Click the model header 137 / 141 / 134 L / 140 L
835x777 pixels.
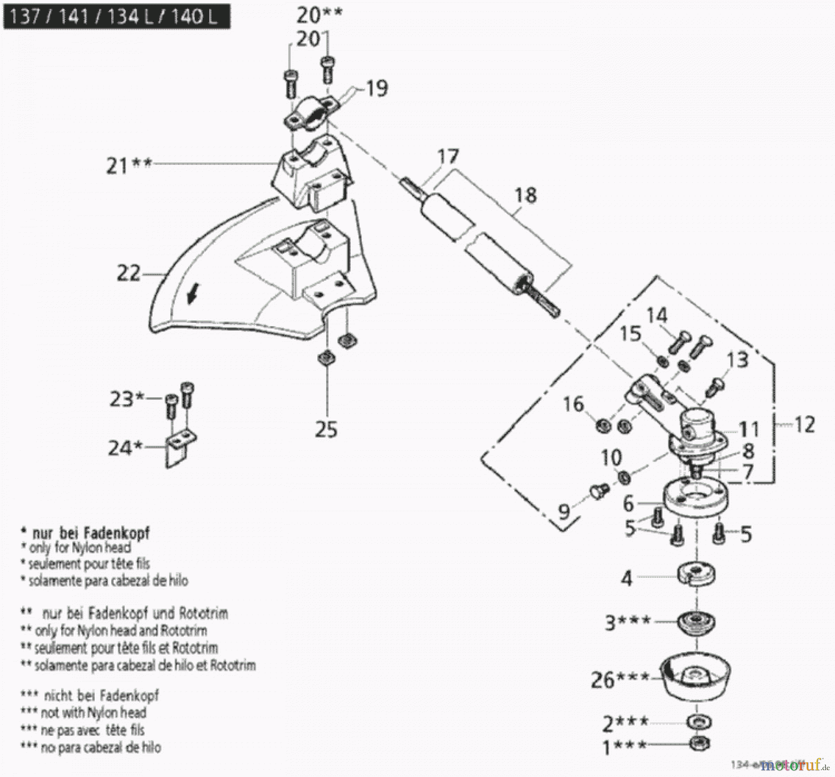[x=116, y=17]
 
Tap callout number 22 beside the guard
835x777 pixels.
[x=128, y=273]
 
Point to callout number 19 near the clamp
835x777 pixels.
[x=376, y=88]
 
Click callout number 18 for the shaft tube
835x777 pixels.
[x=526, y=195]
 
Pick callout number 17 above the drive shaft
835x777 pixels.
[x=447, y=157]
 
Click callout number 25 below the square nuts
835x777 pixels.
[x=326, y=430]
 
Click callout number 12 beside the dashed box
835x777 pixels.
[x=804, y=424]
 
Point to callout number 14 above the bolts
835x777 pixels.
[x=656, y=316]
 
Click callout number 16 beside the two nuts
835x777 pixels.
[x=573, y=404]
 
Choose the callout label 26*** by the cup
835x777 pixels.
[x=619, y=680]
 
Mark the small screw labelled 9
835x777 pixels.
[x=599, y=491]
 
